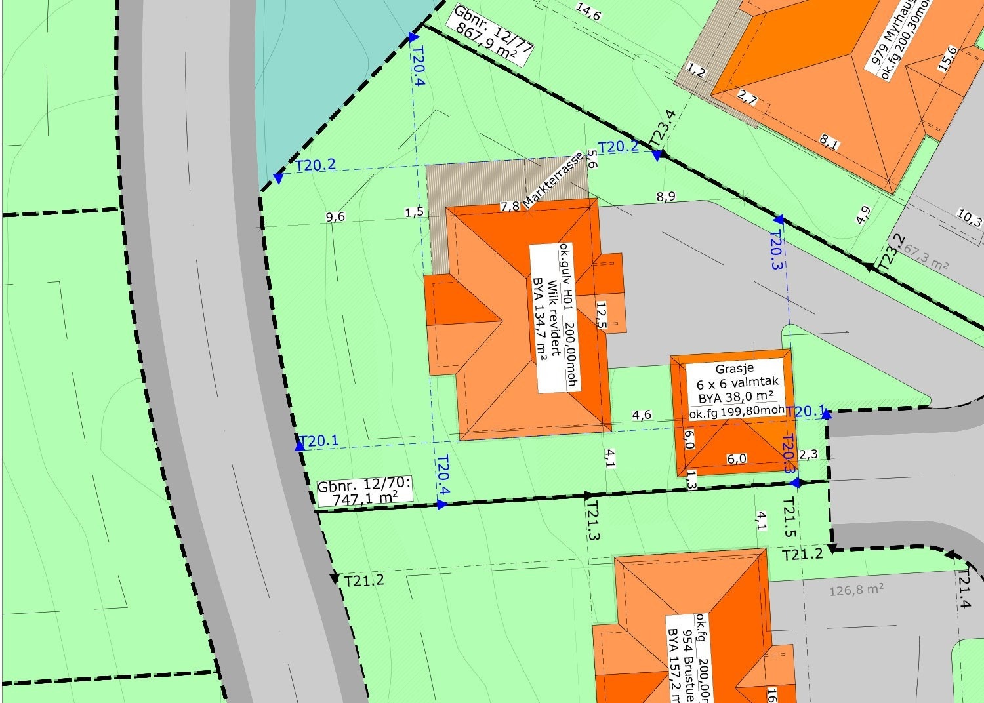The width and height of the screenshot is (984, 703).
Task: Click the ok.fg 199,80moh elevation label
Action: [736, 412]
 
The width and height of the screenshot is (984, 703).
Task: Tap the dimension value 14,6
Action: [588, 12]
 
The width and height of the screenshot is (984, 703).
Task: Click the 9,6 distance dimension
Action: [335, 217]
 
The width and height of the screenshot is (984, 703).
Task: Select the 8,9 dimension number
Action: [665, 197]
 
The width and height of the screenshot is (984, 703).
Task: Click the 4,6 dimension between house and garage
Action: [642, 414]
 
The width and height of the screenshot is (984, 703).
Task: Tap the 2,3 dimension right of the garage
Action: [808, 454]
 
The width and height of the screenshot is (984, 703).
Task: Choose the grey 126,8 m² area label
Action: [856, 590]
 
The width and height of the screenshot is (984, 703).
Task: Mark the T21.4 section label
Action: [963, 589]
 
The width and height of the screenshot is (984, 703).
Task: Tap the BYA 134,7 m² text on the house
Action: [540, 319]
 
